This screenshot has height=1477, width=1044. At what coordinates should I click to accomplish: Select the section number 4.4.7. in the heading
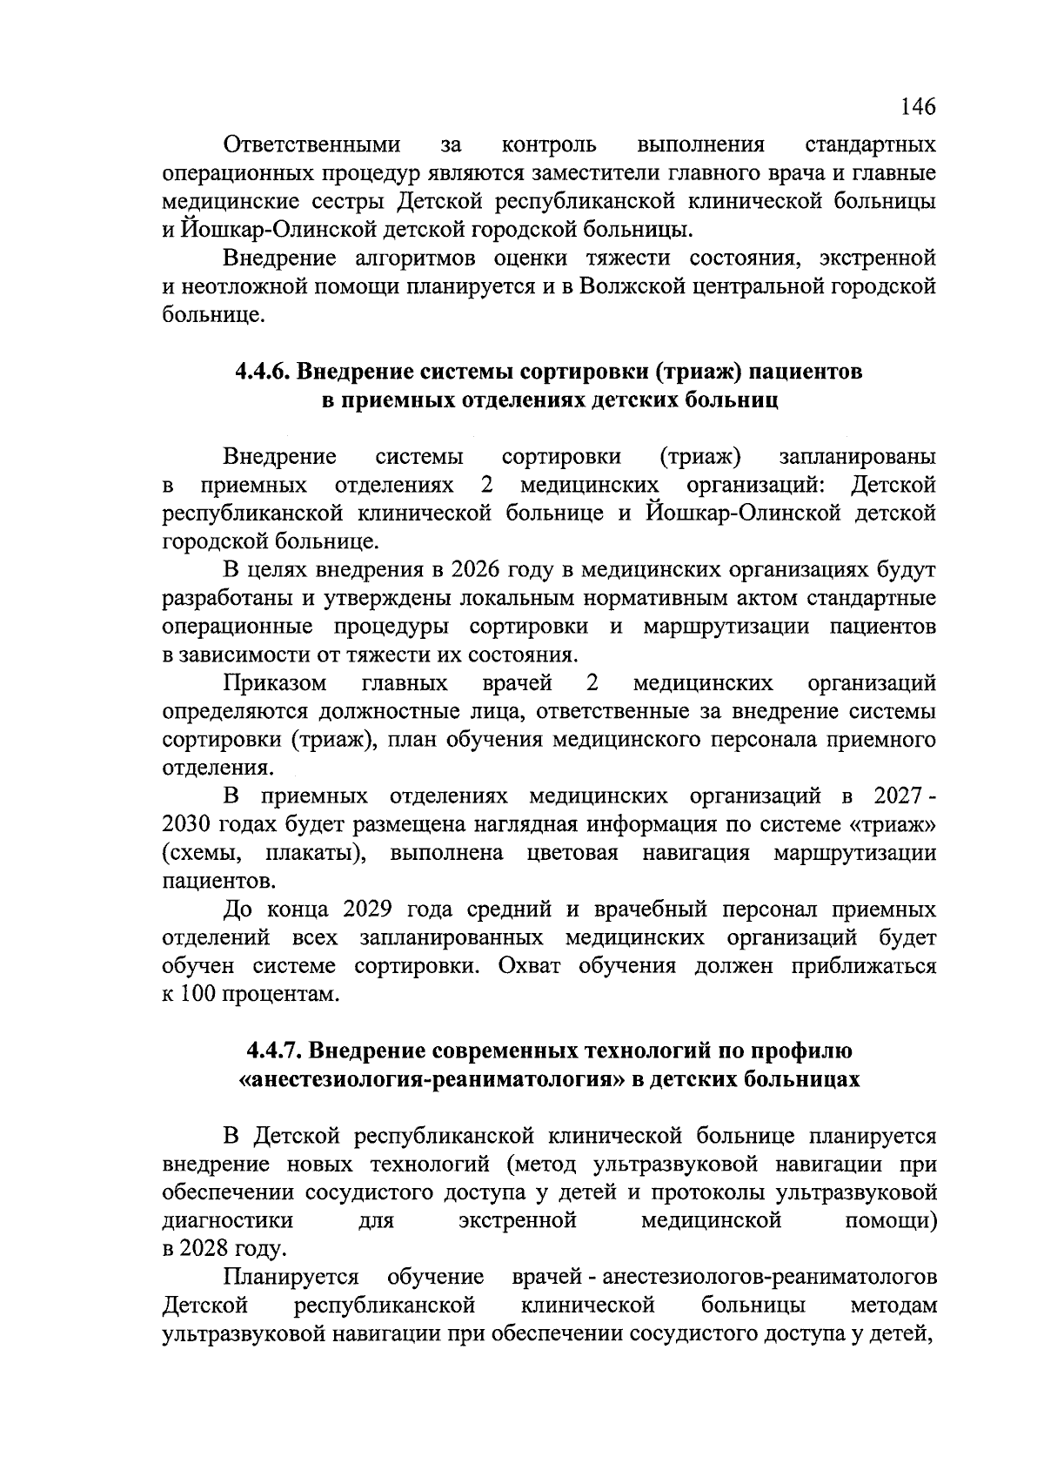pyautogui.click(x=272, y=1051)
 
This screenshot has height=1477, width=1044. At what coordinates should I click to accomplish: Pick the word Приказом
pyautogui.click(x=276, y=683)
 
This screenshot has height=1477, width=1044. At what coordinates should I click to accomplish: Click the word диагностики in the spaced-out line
pyautogui.click(x=228, y=1221)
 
